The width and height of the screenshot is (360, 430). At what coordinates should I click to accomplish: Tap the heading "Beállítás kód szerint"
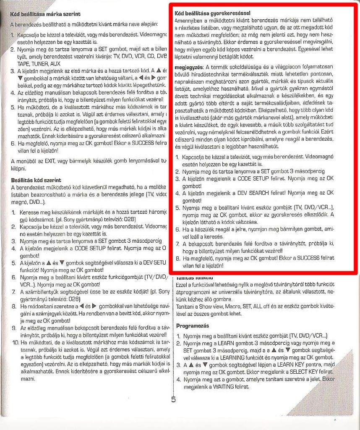(36, 180)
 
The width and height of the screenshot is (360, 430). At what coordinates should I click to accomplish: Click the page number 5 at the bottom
(173, 399)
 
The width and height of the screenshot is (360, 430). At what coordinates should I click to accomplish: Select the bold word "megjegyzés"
(188, 68)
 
